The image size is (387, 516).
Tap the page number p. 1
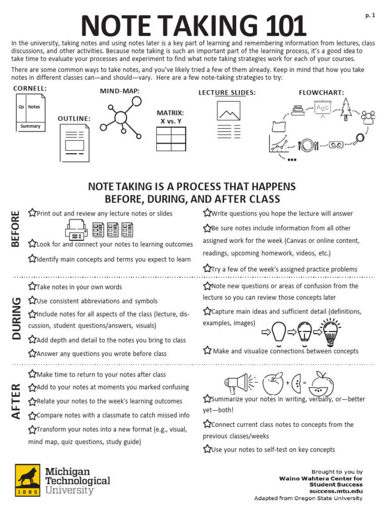coord(370,16)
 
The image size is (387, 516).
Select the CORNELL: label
coord(30,89)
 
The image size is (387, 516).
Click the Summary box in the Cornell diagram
coord(30,126)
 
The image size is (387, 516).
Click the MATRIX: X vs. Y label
coord(170,117)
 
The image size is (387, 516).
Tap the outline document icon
coord(74,142)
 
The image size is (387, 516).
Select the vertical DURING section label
coord(17,319)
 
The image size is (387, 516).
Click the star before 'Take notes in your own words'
coord(32,287)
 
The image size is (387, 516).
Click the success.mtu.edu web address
coord(336,491)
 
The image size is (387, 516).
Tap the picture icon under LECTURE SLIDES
coord(228,111)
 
